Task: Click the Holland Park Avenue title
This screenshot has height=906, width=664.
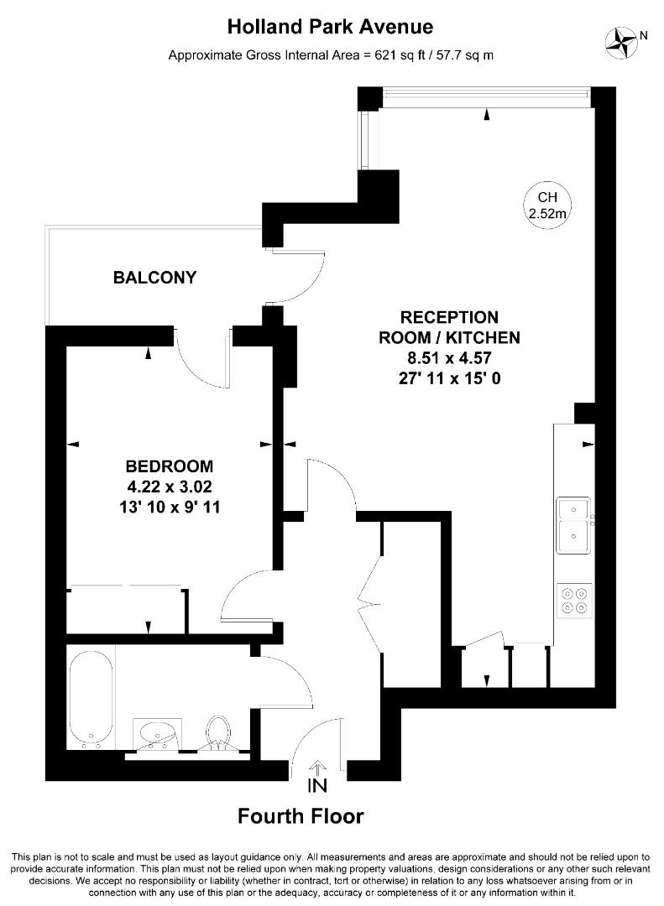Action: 330,27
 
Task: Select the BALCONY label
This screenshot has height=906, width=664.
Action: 154,278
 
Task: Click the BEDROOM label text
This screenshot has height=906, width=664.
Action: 170,466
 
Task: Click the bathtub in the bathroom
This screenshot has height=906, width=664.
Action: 91,700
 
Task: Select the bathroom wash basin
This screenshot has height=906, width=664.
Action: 157,735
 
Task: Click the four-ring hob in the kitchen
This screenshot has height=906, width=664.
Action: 574,601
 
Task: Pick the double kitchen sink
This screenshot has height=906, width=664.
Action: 574,525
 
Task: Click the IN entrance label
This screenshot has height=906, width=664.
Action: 317,786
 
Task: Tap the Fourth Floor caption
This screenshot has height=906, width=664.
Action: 301,816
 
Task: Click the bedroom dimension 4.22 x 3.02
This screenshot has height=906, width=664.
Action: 170,487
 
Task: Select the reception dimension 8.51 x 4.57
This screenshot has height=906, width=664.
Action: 449,358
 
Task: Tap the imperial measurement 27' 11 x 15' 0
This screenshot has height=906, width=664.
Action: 449,378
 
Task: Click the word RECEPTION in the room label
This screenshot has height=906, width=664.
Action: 449,317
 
